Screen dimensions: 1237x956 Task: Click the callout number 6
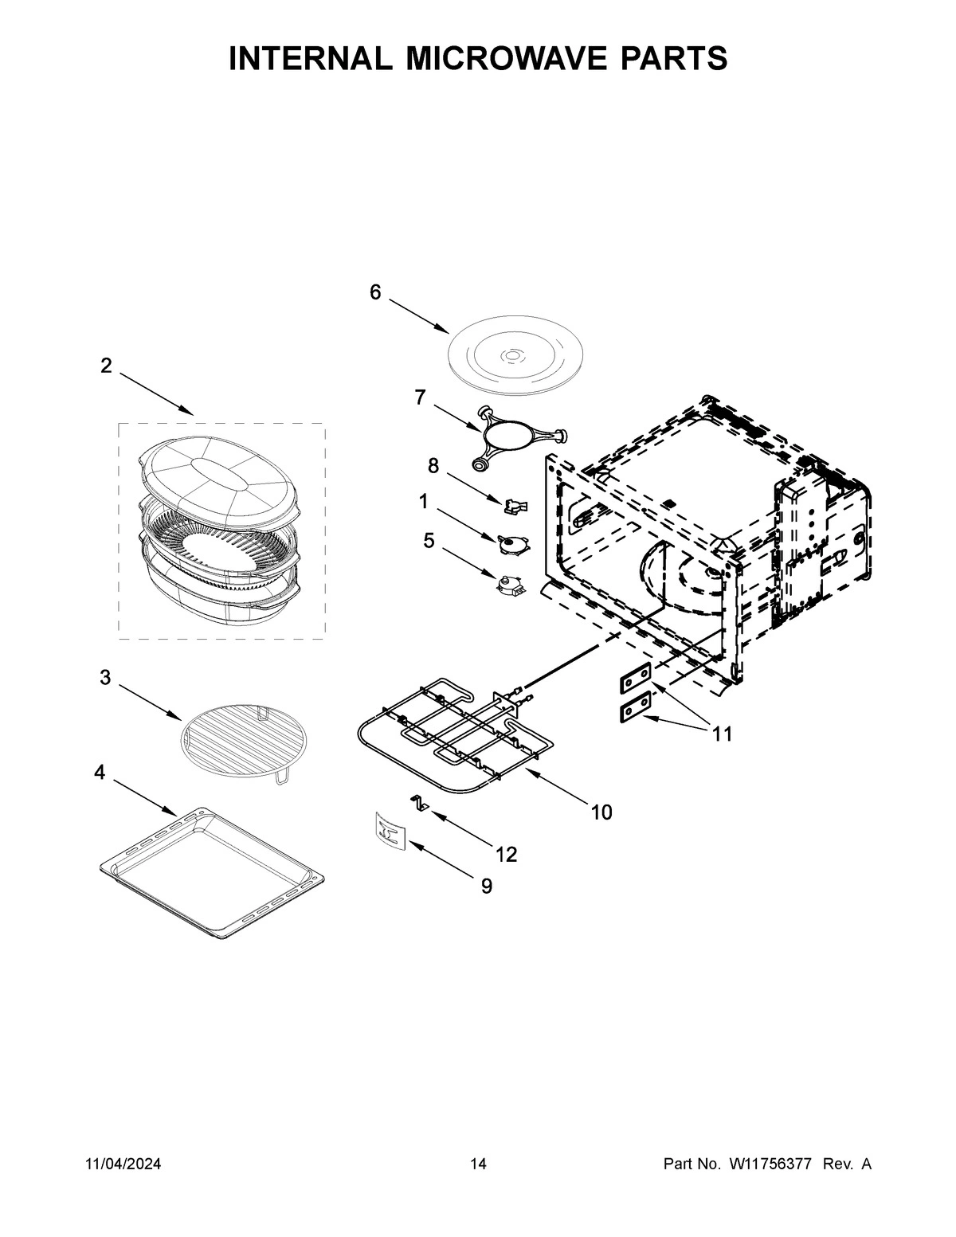(x=375, y=292)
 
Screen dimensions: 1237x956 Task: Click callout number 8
(x=433, y=464)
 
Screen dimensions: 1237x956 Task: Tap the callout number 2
(x=106, y=366)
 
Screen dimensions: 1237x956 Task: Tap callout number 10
(x=601, y=812)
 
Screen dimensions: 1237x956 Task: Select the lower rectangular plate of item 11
(x=636, y=707)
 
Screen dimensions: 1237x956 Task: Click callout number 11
(x=722, y=734)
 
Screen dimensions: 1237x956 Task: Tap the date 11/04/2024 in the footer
(x=123, y=1165)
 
